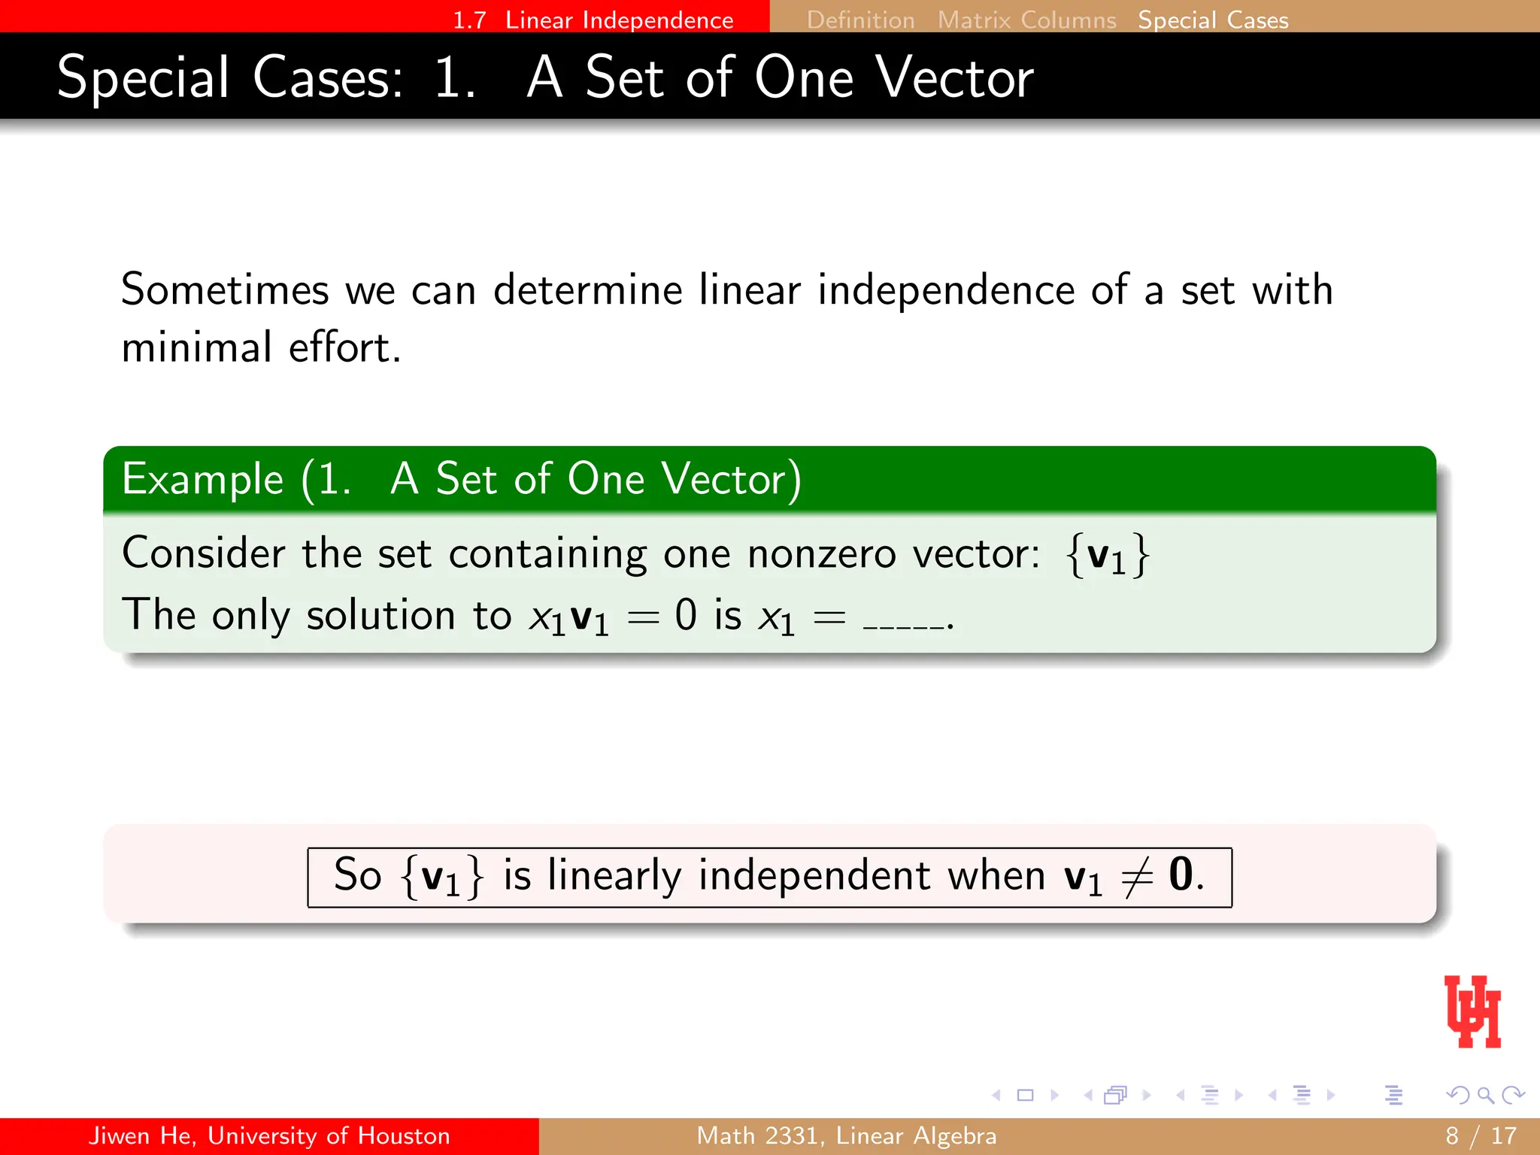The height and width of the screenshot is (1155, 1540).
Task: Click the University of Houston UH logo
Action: [x=1472, y=1011]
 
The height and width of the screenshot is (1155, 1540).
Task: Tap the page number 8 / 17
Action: [x=1480, y=1135]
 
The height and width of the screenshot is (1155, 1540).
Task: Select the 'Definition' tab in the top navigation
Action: [x=860, y=20]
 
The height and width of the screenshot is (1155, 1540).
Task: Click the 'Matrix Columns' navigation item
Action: [x=1026, y=20]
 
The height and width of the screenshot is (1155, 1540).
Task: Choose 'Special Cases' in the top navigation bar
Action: [x=1213, y=20]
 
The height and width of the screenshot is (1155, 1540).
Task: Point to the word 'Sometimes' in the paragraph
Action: [x=225, y=290]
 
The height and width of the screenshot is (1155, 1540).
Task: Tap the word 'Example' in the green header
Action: [x=202, y=479]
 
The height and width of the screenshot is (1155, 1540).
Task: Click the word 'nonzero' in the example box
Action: [x=821, y=554]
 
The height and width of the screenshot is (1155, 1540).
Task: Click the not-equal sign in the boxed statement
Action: [x=1136, y=878]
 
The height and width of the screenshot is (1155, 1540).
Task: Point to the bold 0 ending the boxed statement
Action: [x=1181, y=875]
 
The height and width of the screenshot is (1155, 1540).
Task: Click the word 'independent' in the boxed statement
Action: [x=814, y=877]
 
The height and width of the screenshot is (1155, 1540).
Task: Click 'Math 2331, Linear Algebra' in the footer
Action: [x=846, y=1135]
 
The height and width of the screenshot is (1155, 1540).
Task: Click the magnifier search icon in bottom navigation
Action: [x=1485, y=1095]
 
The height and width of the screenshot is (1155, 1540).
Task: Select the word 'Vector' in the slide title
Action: [x=954, y=78]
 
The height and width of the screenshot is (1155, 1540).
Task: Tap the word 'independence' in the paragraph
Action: [x=946, y=290]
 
